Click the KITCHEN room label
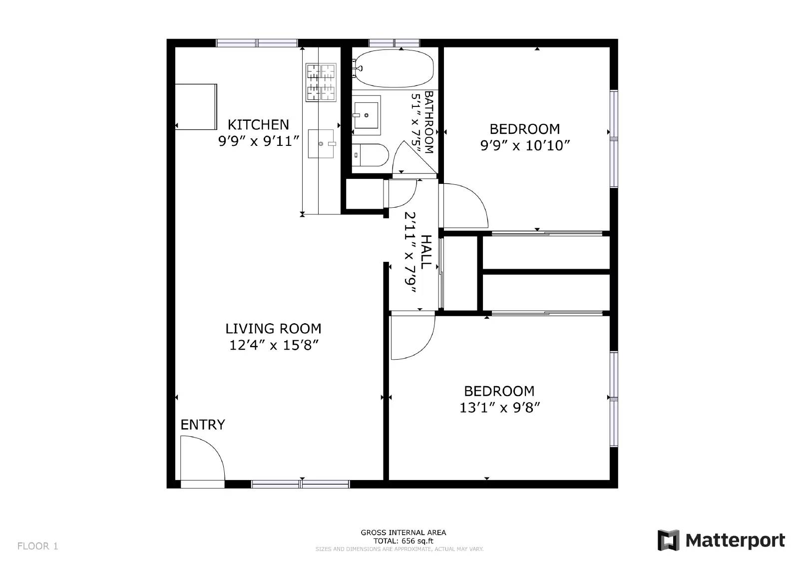[x=258, y=124]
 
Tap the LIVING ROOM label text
[x=273, y=329]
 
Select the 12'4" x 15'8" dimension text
[x=274, y=345]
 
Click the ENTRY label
[x=202, y=425]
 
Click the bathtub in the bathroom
[x=394, y=68]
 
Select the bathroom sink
[x=367, y=112]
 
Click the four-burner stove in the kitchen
[x=321, y=82]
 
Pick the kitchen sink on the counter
[x=321, y=144]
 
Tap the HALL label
[x=425, y=252]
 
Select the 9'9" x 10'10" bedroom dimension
[x=525, y=146]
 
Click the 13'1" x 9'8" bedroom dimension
[x=499, y=408]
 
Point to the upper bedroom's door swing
[x=464, y=205]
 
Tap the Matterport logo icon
[x=668, y=541]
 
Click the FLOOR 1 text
[x=38, y=546]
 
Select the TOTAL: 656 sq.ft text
[x=403, y=541]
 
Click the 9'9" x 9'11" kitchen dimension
[x=259, y=141]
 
